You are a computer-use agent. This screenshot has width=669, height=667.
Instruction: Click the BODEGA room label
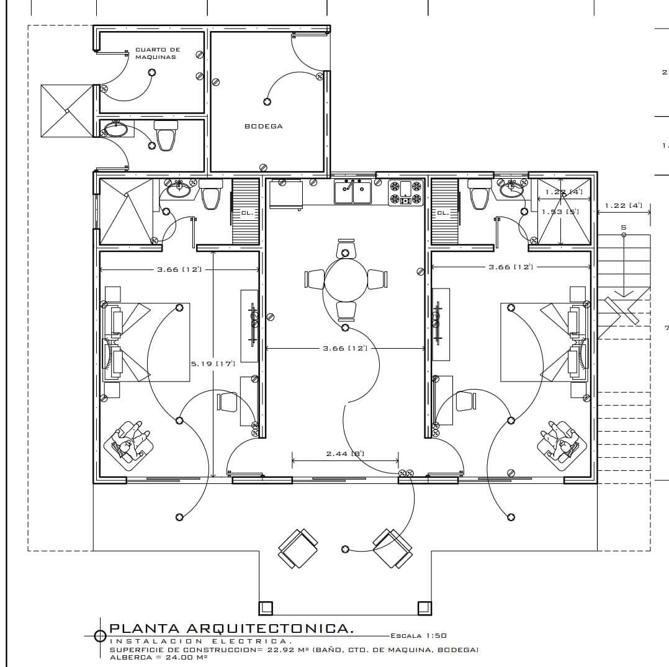[263, 126]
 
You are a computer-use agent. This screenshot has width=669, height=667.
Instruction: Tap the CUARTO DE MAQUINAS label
[157, 53]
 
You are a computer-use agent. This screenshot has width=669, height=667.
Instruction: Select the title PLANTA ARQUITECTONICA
[231, 629]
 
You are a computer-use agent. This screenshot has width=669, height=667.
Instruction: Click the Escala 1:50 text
[418, 635]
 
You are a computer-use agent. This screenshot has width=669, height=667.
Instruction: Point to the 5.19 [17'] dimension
[213, 364]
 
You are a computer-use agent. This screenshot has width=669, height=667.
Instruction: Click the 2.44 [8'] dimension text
[345, 454]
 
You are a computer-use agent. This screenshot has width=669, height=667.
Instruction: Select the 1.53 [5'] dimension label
[560, 212]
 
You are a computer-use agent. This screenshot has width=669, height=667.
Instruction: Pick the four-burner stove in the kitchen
[406, 192]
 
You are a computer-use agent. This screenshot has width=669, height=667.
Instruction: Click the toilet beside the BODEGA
[166, 136]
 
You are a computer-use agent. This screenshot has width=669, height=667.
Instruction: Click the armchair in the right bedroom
[563, 442]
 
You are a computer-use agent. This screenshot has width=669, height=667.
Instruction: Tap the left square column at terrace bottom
[265, 607]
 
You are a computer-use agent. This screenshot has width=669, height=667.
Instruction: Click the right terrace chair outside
[392, 548]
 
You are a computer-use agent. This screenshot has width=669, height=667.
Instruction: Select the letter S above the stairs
[624, 228]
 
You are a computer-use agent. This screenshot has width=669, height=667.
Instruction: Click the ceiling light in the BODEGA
[267, 102]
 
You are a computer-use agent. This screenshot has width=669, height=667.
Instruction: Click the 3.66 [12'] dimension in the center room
[345, 348]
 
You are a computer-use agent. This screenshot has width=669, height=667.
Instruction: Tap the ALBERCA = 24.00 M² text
[158, 657]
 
